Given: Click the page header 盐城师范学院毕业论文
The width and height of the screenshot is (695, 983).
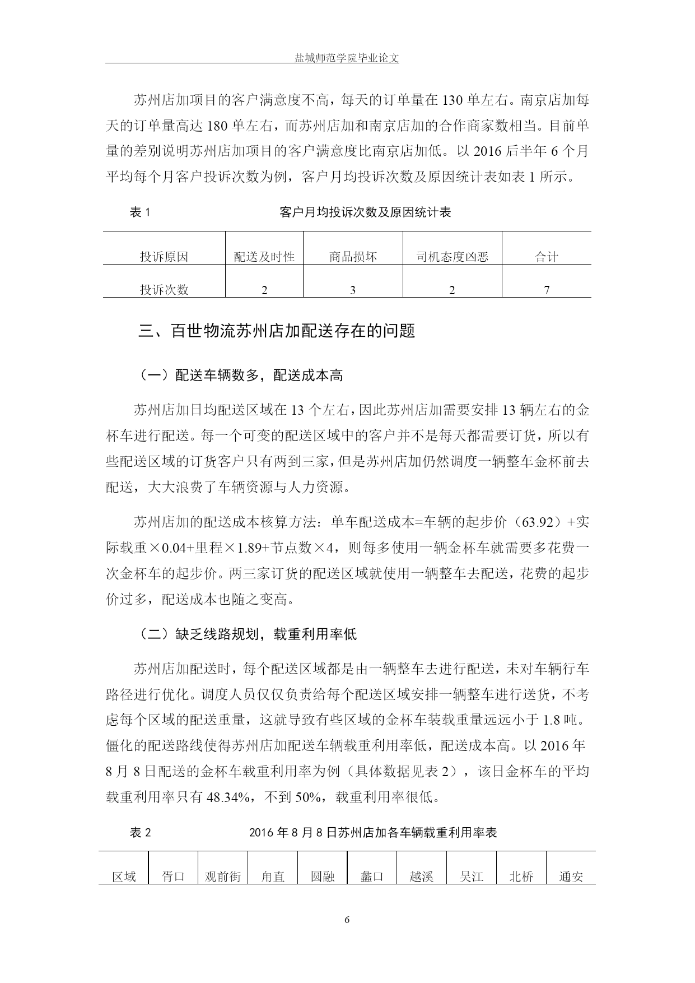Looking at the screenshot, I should pyautogui.click(x=347, y=58).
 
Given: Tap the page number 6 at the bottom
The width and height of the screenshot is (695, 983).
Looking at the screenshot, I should pyautogui.click(x=347, y=919).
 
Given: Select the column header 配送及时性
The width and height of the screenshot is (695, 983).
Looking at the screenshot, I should pyautogui.click(x=264, y=257).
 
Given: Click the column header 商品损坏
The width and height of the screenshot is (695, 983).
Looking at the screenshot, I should pyautogui.click(x=353, y=257).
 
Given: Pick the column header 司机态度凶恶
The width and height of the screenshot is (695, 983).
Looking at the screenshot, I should pyautogui.click(x=452, y=257).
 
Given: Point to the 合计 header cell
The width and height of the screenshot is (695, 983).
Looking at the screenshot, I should pyautogui.click(x=547, y=257).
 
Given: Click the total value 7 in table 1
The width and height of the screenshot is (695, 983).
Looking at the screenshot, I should pyautogui.click(x=547, y=290).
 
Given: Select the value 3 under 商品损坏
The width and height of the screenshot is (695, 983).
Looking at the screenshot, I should pyautogui.click(x=353, y=290).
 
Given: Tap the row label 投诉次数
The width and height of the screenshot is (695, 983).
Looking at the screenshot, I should pyautogui.click(x=164, y=290).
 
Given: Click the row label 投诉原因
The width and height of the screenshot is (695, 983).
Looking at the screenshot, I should pyautogui.click(x=164, y=257).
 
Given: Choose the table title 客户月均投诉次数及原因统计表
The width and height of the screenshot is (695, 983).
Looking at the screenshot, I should pyautogui.click(x=365, y=212).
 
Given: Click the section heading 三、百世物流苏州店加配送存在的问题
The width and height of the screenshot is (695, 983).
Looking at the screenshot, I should pyautogui.click(x=277, y=331).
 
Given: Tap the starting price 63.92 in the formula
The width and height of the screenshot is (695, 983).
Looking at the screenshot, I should pyautogui.click(x=537, y=522).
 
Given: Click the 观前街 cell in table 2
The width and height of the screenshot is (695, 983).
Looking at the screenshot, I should pyautogui.click(x=223, y=877).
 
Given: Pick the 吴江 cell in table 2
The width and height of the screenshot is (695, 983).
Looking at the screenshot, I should pyautogui.click(x=472, y=877).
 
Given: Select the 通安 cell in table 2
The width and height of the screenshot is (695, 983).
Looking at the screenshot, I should pyautogui.click(x=571, y=877).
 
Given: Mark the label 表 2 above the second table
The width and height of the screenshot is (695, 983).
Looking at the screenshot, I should pyautogui.click(x=141, y=833).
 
